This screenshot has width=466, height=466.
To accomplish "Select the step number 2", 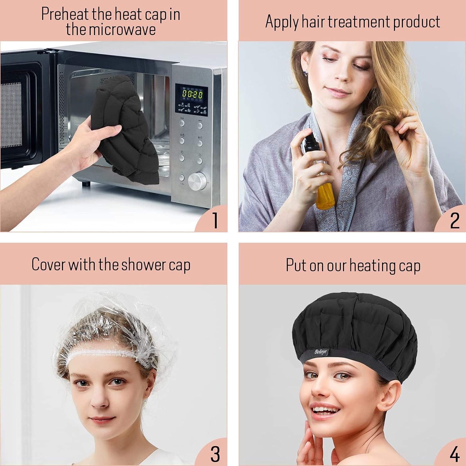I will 455,221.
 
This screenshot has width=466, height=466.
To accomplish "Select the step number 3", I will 215,454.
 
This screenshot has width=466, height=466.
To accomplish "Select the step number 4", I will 455,455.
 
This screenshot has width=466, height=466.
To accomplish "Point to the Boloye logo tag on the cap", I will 321,352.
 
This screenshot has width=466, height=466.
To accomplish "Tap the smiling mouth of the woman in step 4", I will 325,410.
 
